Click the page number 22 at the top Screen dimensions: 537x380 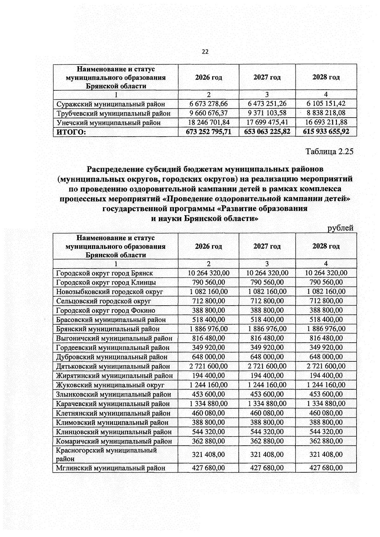205,52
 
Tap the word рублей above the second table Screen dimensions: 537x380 340,228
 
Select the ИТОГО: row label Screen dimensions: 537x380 71,132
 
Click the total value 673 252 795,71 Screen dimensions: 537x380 208,132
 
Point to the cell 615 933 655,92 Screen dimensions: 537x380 326,132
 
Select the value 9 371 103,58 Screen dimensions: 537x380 267,113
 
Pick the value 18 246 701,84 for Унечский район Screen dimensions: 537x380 208,122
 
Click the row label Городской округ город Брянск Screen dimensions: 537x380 104,273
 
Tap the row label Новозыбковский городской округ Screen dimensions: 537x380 110,292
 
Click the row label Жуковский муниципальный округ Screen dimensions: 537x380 110,385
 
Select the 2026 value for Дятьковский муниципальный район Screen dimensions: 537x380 208,366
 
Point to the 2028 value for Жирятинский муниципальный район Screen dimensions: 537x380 326,376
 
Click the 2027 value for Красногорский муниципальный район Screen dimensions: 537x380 267,455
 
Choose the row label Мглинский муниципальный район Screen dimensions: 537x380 111,468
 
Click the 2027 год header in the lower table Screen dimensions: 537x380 267,246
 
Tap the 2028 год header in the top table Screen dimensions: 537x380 326,77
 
